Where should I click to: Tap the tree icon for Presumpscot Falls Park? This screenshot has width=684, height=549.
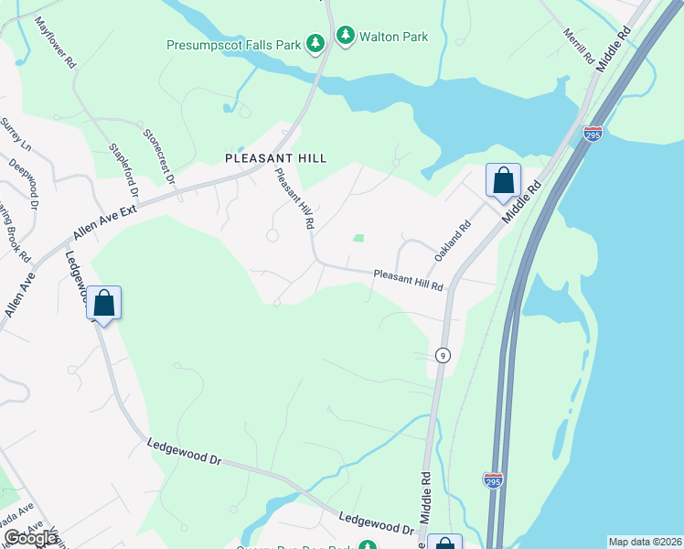click(x=315, y=43)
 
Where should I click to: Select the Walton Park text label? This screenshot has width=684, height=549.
click(x=394, y=38)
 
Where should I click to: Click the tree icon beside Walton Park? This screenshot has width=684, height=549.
click(x=346, y=37)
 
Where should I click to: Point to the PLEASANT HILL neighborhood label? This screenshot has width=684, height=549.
click(x=275, y=158)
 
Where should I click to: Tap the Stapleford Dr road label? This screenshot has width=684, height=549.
click(x=123, y=169)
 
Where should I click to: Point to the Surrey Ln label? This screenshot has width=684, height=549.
click(x=16, y=135)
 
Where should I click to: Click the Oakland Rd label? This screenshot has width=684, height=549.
click(x=453, y=240)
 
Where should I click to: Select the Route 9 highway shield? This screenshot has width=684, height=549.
click(x=443, y=355)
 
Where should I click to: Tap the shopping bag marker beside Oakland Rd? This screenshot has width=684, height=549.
click(x=503, y=180)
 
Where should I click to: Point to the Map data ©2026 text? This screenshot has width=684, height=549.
click(x=644, y=542)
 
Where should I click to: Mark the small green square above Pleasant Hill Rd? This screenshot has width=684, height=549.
click(x=358, y=238)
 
